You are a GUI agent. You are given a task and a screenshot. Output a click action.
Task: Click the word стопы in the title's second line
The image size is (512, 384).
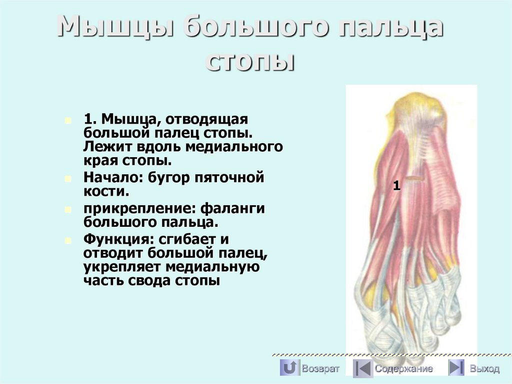pyautogui.click(x=250, y=62)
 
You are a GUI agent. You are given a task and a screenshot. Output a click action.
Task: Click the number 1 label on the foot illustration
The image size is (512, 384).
pyautogui.click(x=396, y=186)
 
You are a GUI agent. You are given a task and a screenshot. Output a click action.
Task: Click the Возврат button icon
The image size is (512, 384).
pyautogui.click(x=288, y=368)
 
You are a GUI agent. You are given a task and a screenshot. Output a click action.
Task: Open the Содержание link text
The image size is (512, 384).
pyautogui.click(x=404, y=369)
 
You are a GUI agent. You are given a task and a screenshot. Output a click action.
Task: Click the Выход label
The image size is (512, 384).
pyautogui.click(x=484, y=369)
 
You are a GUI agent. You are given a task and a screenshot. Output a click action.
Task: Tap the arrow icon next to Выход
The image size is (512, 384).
pyautogui.click(x=455, y=368)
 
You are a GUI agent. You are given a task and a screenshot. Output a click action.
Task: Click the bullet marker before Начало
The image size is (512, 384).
pyautogui.click(x=68, y=178)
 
